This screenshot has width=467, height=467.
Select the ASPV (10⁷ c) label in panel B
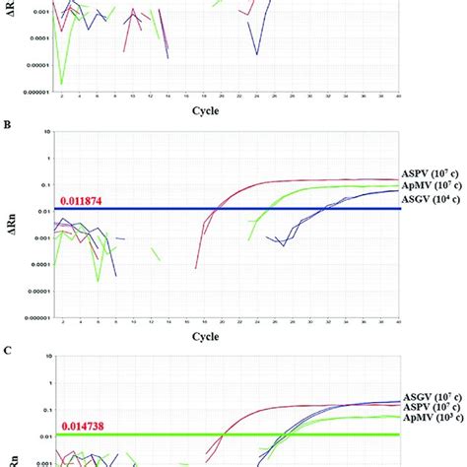tap(433, 172)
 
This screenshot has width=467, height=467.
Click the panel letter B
tap(7, 125)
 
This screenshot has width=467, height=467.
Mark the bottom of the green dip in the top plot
tap(62, 85)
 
